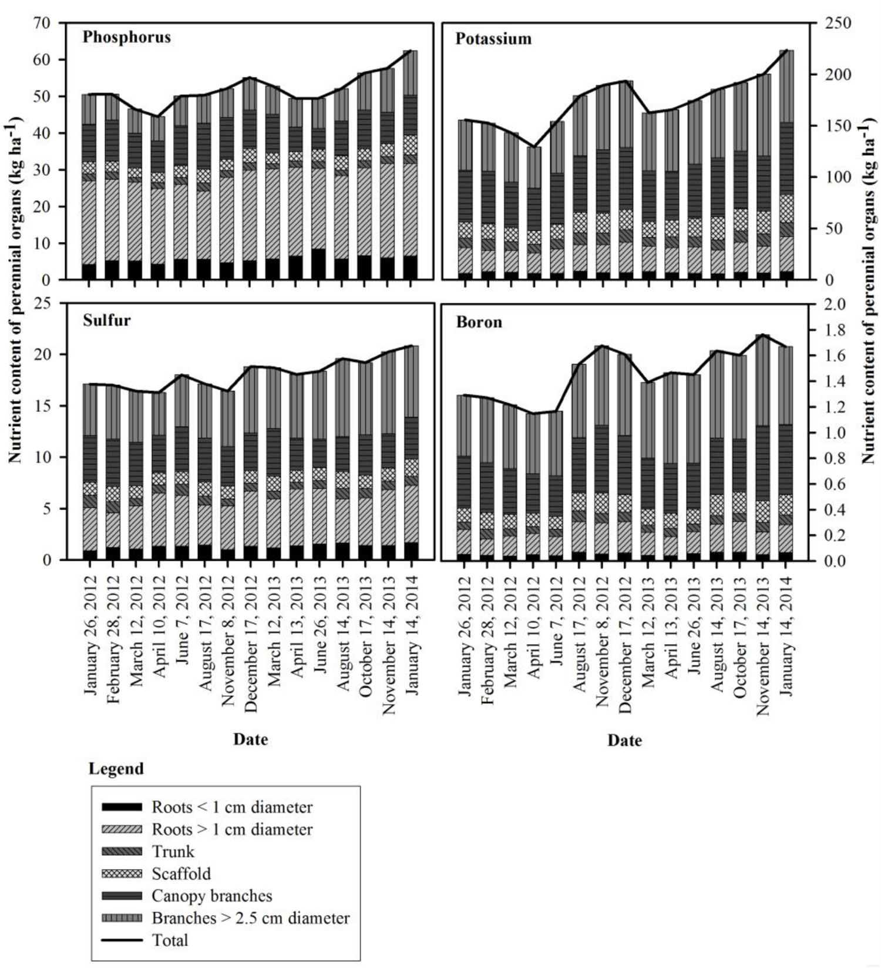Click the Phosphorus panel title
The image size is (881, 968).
coord(126,37)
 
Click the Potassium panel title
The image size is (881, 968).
coord(493,39)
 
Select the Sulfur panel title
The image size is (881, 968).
coord(106,320)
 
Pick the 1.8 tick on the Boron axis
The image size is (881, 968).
coord(827,330)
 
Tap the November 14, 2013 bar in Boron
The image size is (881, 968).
coord(762,447)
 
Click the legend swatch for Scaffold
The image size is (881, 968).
coord(122,874)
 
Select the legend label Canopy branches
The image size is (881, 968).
coord(212,896)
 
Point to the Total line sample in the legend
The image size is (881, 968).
coord(122,940)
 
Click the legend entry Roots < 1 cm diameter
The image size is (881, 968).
coord(232,807)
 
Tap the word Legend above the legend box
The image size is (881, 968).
coord(116,769)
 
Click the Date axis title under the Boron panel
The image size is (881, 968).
coord(624,740)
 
